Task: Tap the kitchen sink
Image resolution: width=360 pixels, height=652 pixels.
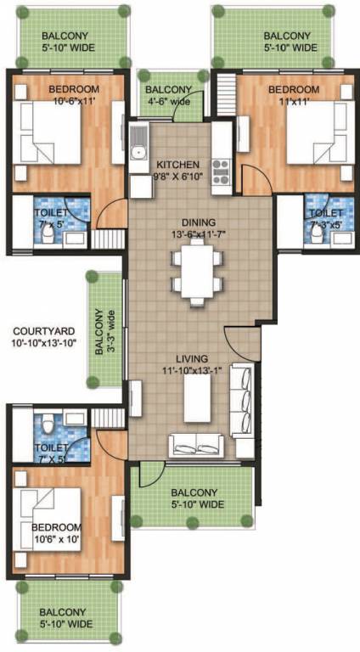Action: point(138,154)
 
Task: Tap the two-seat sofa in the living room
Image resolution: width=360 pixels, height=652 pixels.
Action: point(197,444)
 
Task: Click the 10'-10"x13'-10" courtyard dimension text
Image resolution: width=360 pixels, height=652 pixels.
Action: point(44,343)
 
